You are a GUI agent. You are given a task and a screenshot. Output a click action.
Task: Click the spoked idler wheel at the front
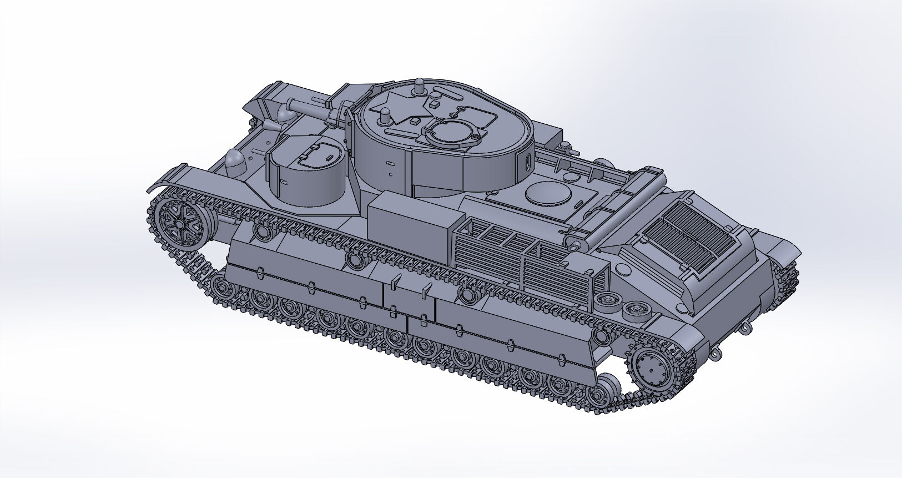tap(180, 223)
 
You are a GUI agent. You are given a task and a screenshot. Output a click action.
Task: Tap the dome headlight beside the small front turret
tap(237, 160)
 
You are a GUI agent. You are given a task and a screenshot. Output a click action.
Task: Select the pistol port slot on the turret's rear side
tap(526, 160)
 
